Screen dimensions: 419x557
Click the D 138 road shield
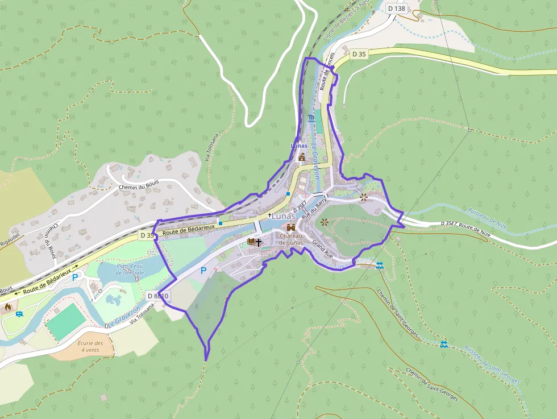click(396, 8)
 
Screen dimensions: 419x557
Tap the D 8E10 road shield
click(157, 296)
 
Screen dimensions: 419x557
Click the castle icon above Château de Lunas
click(291, 227)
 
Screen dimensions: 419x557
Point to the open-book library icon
click(251, 242)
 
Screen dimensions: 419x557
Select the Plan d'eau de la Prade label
click(130, 269)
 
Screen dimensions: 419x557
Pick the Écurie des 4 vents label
click(91, 346)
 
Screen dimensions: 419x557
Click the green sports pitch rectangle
click(66, 322)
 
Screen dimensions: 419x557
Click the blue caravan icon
click(19, 314)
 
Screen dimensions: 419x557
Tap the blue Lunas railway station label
click(299, 146)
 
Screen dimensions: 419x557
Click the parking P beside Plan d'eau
click(74, 277)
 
